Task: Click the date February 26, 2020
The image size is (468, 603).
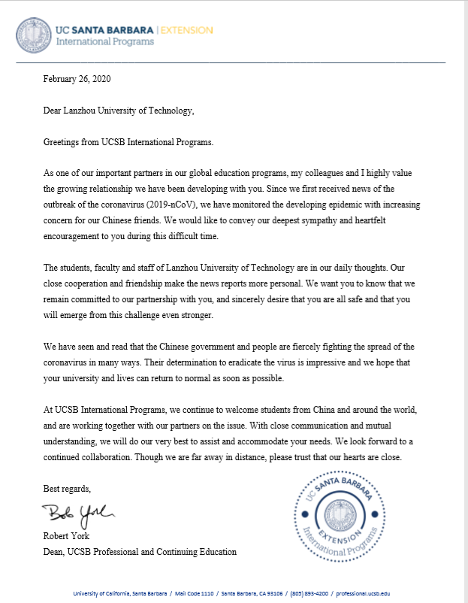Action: tap(77, 78)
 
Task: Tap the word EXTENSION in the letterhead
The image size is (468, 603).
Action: tap(186, 29)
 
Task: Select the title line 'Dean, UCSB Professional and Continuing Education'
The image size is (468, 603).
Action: tap(140, 552)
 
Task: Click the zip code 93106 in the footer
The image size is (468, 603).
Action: tap(273, 594)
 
